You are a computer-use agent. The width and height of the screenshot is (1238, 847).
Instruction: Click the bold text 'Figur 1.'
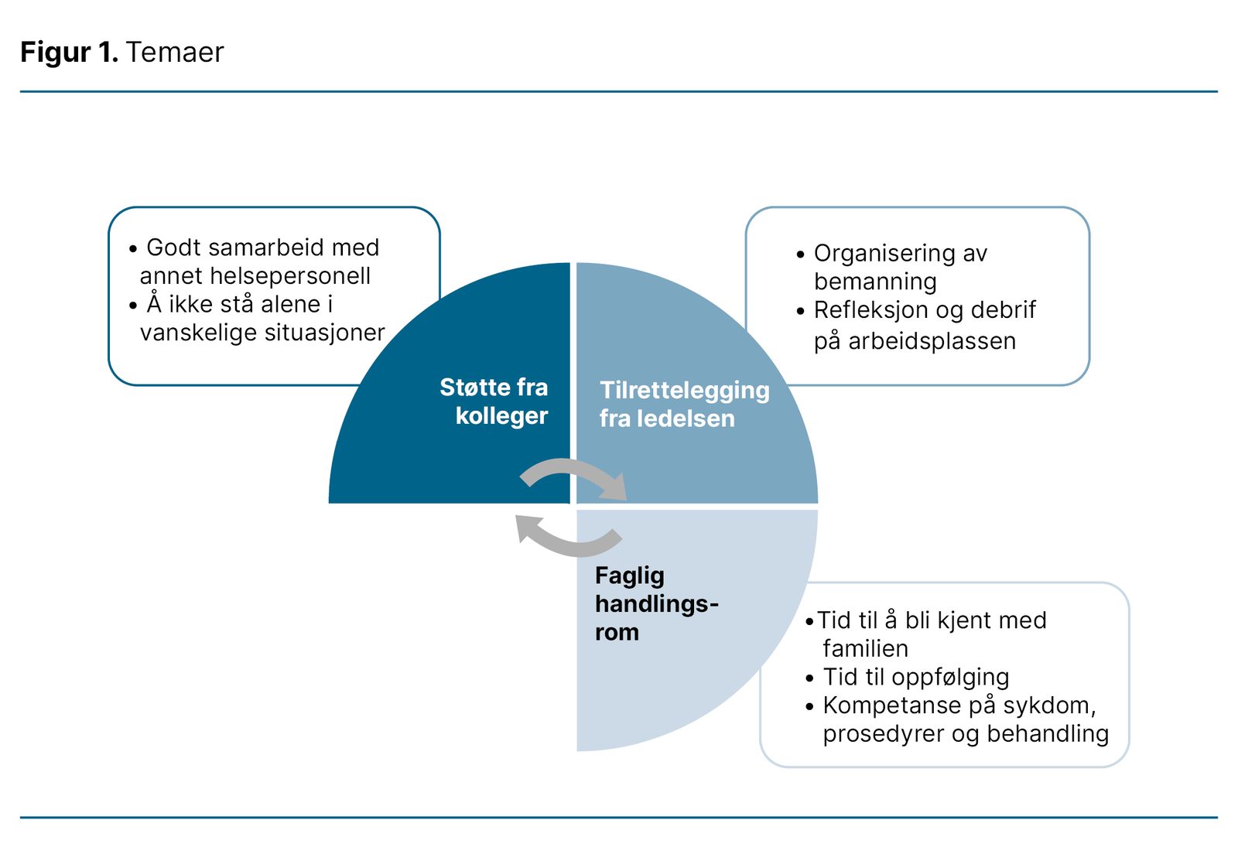tap(68, 52)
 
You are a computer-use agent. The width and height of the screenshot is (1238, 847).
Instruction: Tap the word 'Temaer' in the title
tap(175, 52)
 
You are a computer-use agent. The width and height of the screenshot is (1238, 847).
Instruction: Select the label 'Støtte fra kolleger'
tap(495, 401)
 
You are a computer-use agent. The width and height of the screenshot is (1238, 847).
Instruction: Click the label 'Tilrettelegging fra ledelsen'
tap(684, 404)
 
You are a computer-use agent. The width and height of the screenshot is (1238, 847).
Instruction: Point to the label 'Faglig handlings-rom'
tap(655, 603)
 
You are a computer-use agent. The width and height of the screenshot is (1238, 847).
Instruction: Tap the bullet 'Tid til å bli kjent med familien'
tap(929, 634)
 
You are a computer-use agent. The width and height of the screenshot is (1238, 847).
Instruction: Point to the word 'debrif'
tap(1003, 310)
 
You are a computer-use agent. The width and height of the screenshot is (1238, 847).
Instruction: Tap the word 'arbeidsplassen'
tap(932, 341)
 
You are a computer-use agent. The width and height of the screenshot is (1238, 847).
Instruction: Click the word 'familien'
tap(865, 648)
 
